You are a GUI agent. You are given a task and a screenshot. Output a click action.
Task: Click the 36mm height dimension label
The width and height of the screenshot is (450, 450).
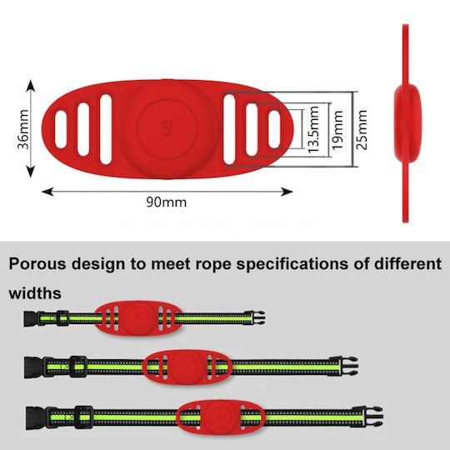[23, 129]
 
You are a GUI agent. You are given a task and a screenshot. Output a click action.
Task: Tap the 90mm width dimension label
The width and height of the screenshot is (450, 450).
[167, 202]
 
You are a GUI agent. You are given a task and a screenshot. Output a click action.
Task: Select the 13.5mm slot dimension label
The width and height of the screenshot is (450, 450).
[313, 129]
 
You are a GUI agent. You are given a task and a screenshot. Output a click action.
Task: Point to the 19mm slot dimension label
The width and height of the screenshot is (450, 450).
[337, 130]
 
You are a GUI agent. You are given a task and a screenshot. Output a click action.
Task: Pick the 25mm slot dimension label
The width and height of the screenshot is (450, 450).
[362, 130]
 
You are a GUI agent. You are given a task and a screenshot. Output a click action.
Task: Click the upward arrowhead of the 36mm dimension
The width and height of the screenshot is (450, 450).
[31, 86]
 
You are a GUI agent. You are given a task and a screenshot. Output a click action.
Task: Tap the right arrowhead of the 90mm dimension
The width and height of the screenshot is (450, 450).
[287, 192]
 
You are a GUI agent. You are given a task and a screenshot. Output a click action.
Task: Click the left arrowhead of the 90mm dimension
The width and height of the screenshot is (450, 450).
[47, 192]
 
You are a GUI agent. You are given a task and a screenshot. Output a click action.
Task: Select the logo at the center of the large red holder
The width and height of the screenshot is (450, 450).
[167, 128]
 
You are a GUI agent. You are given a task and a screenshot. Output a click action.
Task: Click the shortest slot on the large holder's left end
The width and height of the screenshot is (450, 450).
[61, 129]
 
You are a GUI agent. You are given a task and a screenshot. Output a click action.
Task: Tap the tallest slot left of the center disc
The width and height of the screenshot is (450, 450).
[106, 129]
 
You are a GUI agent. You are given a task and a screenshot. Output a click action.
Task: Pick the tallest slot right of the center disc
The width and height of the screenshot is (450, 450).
[229, 129]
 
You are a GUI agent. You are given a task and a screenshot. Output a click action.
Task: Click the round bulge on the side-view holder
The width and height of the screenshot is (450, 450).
[407, 123]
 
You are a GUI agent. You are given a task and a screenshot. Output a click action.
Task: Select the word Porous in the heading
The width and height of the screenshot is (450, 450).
[37, 263]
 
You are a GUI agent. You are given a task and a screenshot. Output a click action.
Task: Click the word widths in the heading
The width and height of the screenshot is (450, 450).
[35, 293]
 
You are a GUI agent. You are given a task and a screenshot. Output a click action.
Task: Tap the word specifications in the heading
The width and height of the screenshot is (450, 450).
[292, 264]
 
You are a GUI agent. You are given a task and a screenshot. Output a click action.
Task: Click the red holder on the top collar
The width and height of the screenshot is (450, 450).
[138, 318]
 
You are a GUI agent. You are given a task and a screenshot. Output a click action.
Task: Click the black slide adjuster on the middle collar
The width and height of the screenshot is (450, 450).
[78, 367]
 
